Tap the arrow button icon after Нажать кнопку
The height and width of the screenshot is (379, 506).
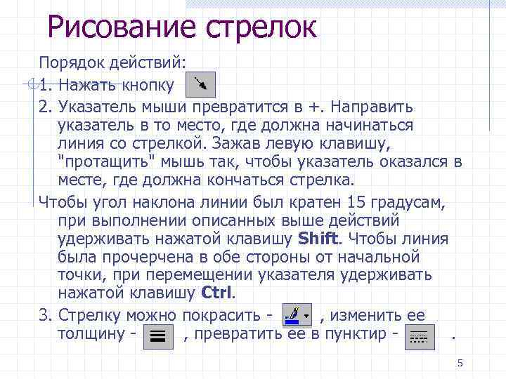[200, 84]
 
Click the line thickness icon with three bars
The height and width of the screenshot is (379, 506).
[158, 335]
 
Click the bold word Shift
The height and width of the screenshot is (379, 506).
[318, 238]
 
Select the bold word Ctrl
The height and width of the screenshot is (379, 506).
[217, 292]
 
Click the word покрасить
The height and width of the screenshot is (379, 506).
[216, 314]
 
